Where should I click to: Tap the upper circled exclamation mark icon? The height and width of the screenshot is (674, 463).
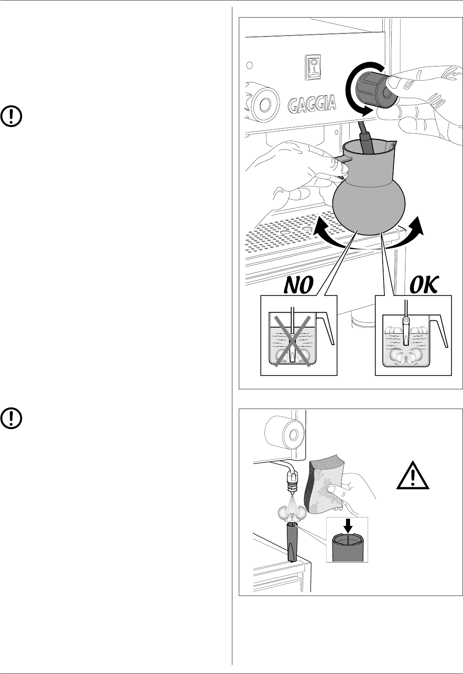click(x=12, y=116)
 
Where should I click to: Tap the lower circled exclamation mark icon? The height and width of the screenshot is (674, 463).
click(x=12, y=418)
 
